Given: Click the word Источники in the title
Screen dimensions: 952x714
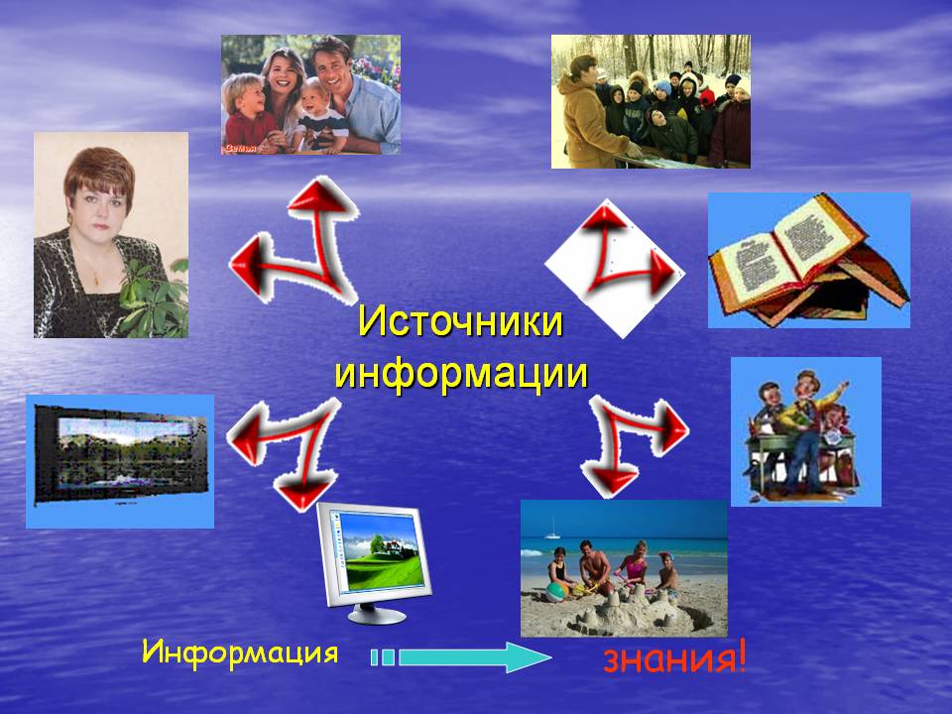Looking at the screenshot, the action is click(461, 320).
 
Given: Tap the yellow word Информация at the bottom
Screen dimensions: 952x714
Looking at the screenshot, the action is click(240, 653).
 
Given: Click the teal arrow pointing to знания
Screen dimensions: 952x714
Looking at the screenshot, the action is click(461, 657).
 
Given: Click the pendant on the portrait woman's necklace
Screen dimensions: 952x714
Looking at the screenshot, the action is click(95, 280).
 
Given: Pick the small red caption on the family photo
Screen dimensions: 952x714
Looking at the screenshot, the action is click(241, 148).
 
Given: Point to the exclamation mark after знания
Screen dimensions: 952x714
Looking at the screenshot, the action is click(740, 656).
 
